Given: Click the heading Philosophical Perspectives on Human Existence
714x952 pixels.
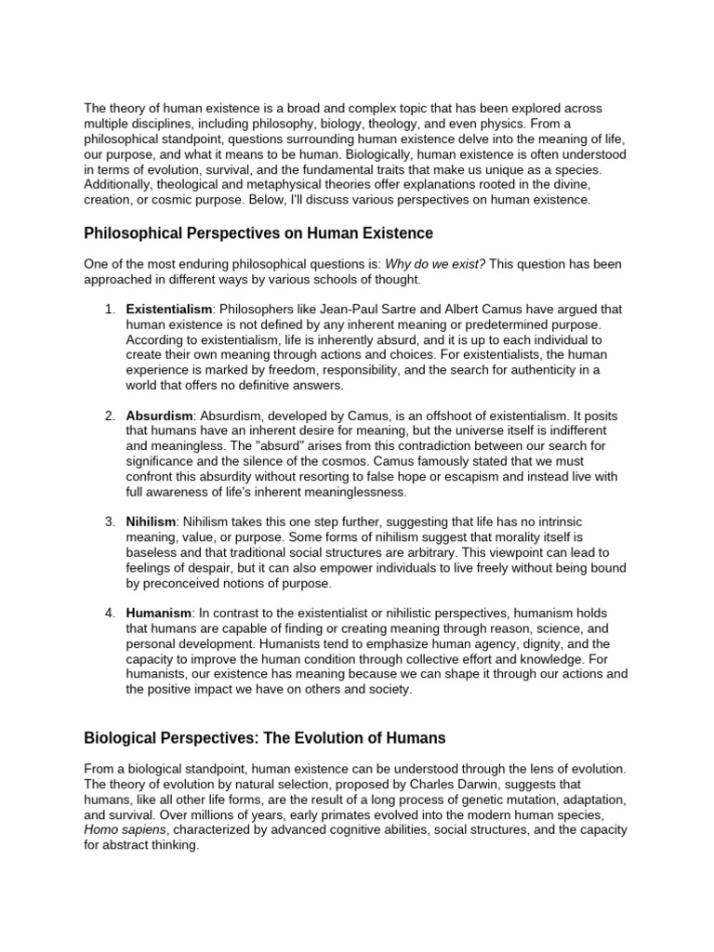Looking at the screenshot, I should (x=258, y=232).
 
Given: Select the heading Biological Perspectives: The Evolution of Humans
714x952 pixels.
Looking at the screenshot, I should (x=265, y=738).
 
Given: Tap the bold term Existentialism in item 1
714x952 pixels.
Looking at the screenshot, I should (x=169, y=309).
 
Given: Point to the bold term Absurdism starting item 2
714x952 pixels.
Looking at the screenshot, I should (x=159, y=416).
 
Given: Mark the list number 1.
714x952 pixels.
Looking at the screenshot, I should (x=109, y=309).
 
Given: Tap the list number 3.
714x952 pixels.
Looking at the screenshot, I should (x=109, y=522).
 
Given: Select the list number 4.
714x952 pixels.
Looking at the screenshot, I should (x=109, y=614).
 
